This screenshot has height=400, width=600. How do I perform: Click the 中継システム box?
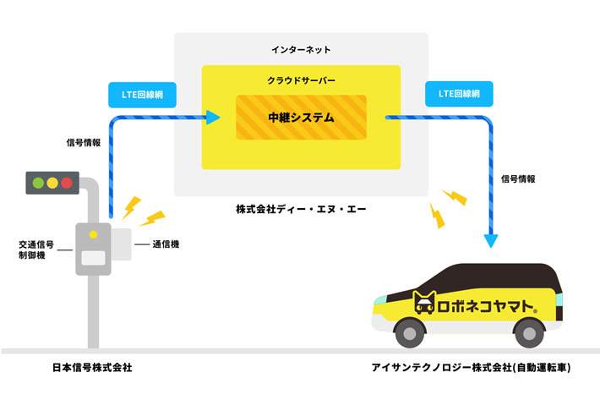(301, 118)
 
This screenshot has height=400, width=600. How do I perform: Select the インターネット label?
(300, 50)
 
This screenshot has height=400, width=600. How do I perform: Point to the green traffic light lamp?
(37, 182)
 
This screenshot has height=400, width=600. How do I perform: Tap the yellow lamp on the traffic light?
(52, 182)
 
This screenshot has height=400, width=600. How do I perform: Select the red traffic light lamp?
(68, 182)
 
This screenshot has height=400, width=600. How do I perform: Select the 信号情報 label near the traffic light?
(83, 143)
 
